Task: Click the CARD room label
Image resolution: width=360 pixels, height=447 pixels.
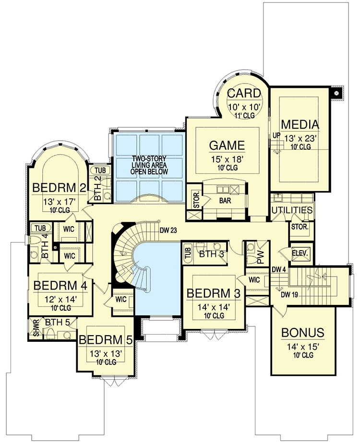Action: click(x=244, y=93)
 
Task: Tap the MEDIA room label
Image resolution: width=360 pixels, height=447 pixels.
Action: click(x=300, y=125)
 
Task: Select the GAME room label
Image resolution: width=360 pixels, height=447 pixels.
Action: click(x=227, y=145)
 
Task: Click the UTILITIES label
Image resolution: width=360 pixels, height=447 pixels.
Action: click(x=292, y=210)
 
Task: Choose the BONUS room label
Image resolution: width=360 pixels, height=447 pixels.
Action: click(x=302, y=332)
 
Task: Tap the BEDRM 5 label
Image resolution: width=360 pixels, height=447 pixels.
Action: click(x=106, y=340)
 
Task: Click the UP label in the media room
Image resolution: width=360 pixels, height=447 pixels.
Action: click(x=276, y=135)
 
